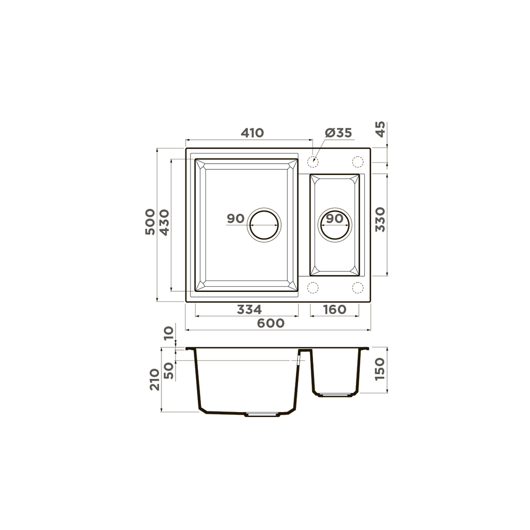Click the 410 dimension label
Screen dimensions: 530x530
point(253,133)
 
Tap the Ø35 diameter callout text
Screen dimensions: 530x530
point(338,133)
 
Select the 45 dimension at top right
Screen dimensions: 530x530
point(380,129)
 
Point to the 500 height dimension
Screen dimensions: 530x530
point(150,222)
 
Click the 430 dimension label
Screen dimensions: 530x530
point(164,222)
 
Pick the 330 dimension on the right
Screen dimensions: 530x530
point(380,219)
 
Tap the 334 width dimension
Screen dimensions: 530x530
point(249,310)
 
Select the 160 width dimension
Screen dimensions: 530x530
point(334,310)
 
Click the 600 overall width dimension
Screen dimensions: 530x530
point(271,323)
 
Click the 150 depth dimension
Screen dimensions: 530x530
point(380,369)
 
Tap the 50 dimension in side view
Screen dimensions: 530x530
point(169,370)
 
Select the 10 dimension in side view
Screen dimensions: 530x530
point(169,333)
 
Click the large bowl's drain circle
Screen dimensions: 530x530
point(264,225)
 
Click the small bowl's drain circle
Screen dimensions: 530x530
point(335,225)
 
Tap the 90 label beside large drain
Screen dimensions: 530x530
point(235,218)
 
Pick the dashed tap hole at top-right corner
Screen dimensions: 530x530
point(357,161)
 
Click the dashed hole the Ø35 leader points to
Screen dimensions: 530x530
point(313,161)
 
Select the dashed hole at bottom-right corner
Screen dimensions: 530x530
point(357,287)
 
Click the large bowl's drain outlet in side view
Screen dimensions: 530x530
point(261,415)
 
